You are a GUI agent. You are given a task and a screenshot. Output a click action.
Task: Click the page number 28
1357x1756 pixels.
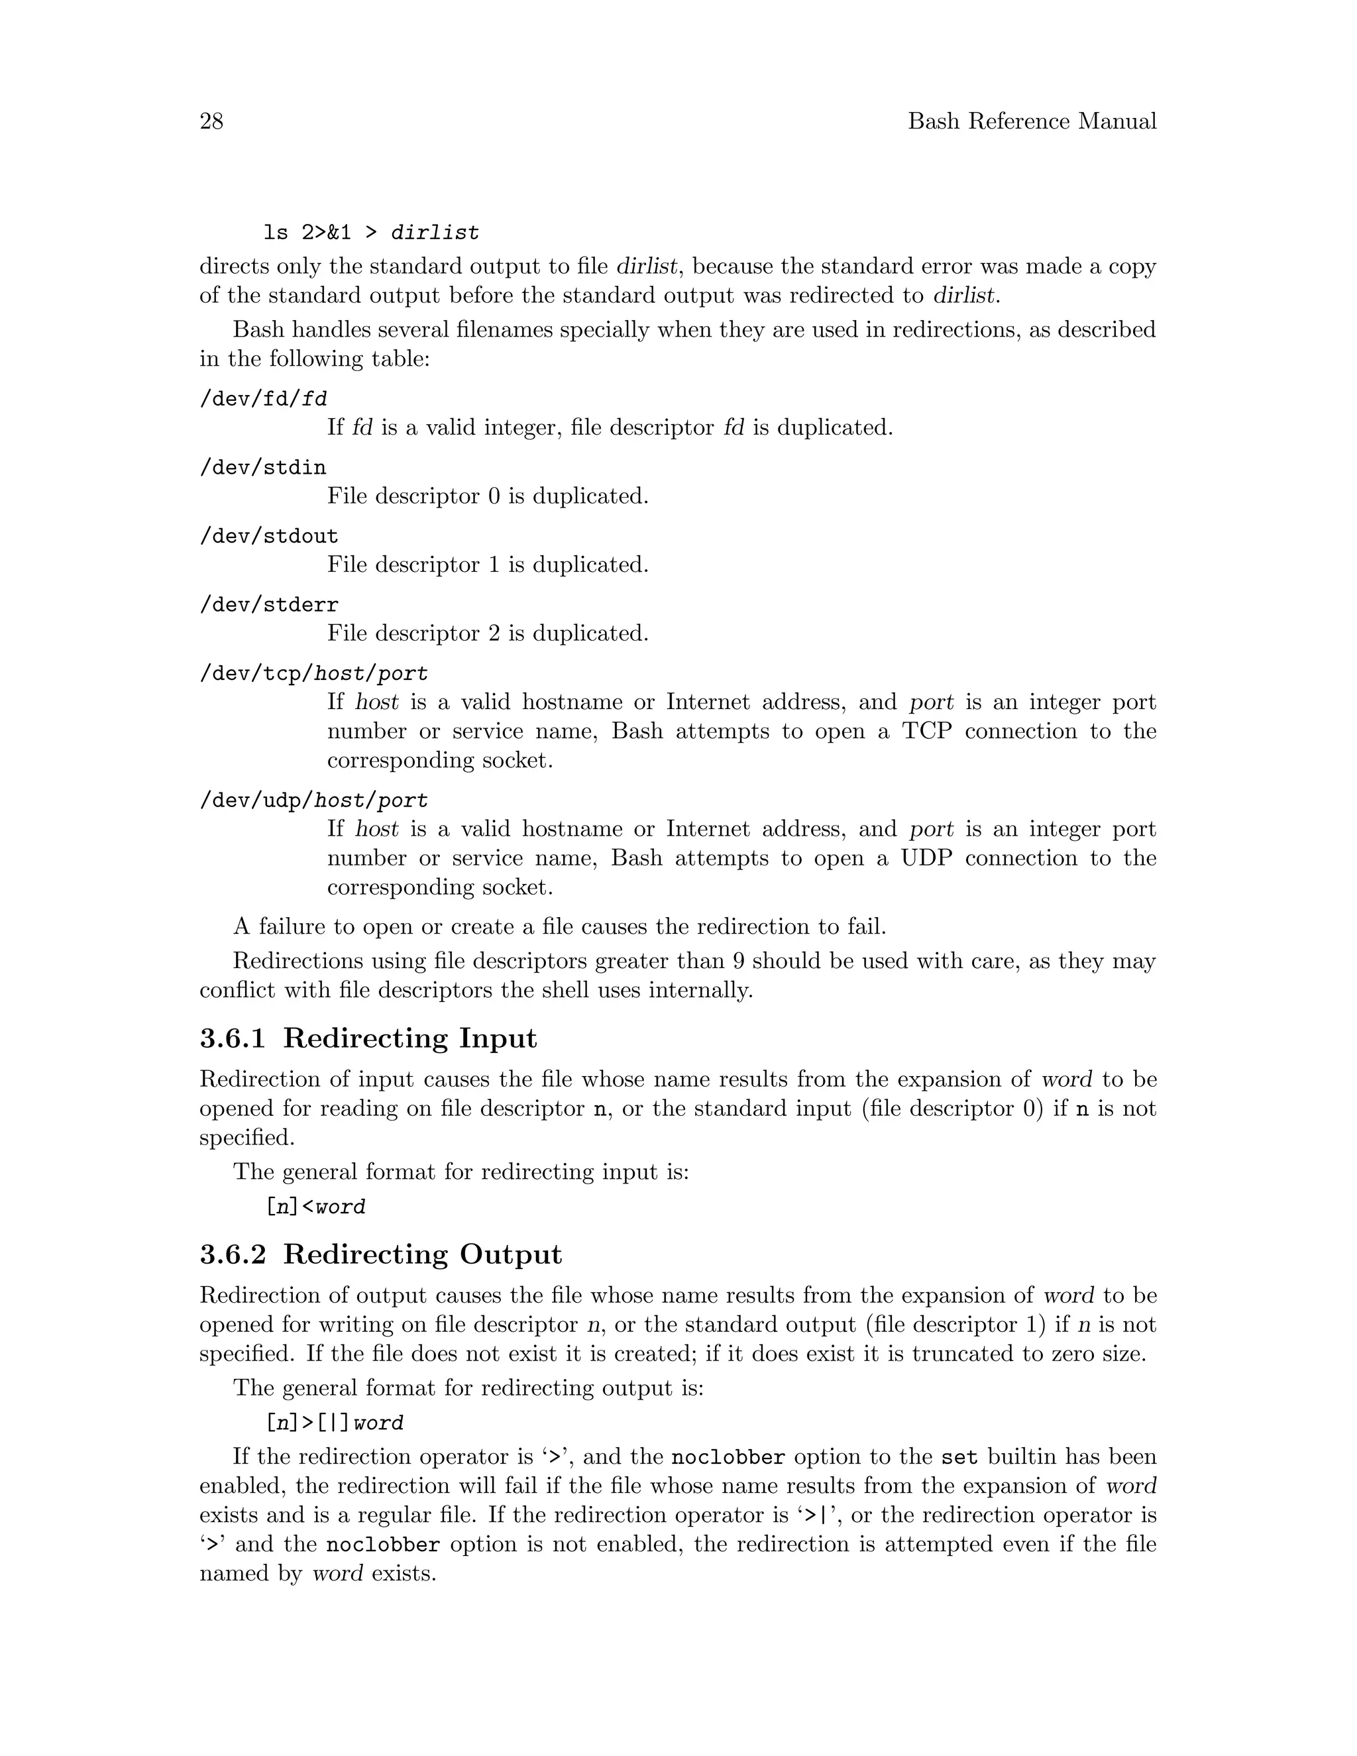[211, 121]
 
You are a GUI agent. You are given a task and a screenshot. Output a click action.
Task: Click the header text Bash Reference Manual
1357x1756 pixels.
[1032, 121]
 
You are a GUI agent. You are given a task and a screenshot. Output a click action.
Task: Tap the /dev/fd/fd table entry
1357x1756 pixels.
[263, 399]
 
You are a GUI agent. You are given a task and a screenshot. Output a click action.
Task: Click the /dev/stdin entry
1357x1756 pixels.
[263, 467]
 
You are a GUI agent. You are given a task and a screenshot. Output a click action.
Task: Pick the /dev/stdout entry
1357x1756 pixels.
[268, 535]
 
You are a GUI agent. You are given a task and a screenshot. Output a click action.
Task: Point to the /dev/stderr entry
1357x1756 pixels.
[268, 604]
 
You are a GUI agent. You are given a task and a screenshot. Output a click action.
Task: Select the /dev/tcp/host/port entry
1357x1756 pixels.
[313, 673]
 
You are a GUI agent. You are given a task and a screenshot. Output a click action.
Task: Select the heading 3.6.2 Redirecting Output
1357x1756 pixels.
[380, 1254]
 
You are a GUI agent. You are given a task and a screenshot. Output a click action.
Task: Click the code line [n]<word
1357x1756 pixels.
[315, 1207]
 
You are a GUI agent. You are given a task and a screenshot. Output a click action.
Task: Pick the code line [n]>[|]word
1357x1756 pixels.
[334, 1423]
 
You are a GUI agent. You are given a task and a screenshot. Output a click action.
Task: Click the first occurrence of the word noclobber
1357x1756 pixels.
[728, 1458]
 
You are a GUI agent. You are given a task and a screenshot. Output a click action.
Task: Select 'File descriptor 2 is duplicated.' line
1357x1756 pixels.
[487, 633]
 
